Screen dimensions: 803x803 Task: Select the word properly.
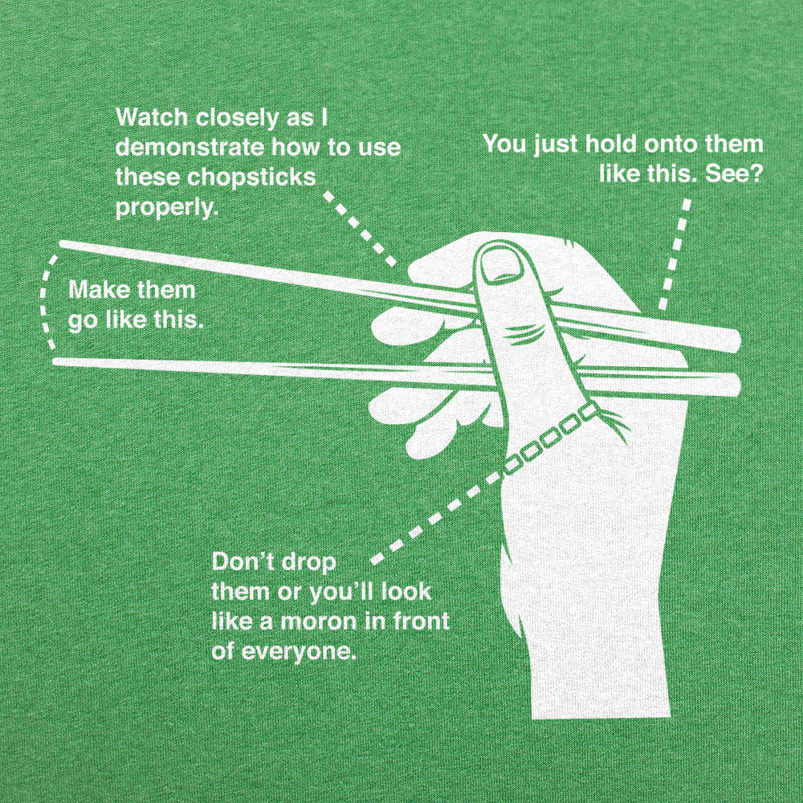[x=166, y=207]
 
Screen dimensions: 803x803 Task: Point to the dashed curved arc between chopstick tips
[x=45, y=301]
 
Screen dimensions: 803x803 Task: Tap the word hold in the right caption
[x=609, y=145]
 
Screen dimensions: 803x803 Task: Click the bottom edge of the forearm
[x=601, y=715]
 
